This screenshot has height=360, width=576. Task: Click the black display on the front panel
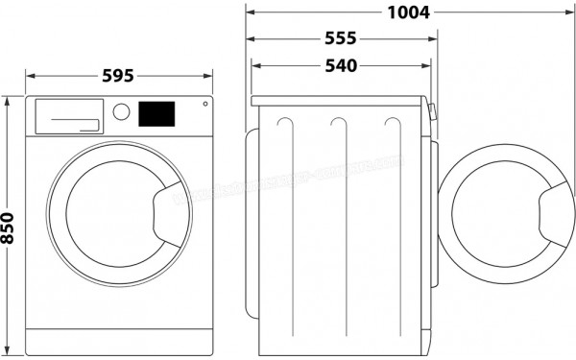157,113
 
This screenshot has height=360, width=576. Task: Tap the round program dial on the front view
121,111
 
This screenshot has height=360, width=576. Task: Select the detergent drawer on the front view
67,115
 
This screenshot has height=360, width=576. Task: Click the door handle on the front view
171,204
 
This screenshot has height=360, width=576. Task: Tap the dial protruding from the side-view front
433,112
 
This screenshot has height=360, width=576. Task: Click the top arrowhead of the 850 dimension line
8,99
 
